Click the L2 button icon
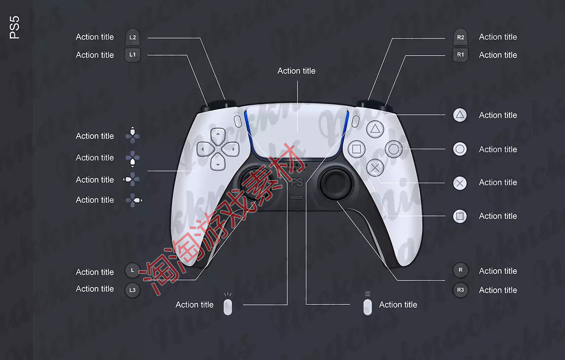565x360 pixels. pyautogui.click(x=133, y=37)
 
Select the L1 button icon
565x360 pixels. pyautogui.click(x=133, y=55)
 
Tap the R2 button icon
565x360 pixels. pyautogui.click(x=460, y=37)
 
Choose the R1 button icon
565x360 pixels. pyautogui.click(x=460, y=55)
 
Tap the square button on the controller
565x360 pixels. pyautogui.click(x=356, y=149)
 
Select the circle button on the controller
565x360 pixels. pyautogui.click(x=394, y=149)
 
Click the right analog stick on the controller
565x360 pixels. pyautogui.click(x=336, y=183)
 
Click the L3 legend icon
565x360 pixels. pyautogui.click(x=133, y=290)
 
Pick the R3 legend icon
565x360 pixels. pyautogui.click(x=460, y=290)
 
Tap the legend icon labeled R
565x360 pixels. pyautogui.click(x=460, y=270)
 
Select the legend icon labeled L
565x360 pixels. pyautogui.click(x=133, y=270)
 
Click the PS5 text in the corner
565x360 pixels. pyautogui.click(x=15, y=28)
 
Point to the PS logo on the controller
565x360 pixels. pyautogui.click(x=297, y=182)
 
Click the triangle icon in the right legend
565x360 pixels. pyautogui.click(x=460, y=115)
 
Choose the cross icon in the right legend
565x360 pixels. pyautogui.click(x=460, y=183)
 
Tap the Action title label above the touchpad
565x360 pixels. pyautogui.click(x=296, y=71)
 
